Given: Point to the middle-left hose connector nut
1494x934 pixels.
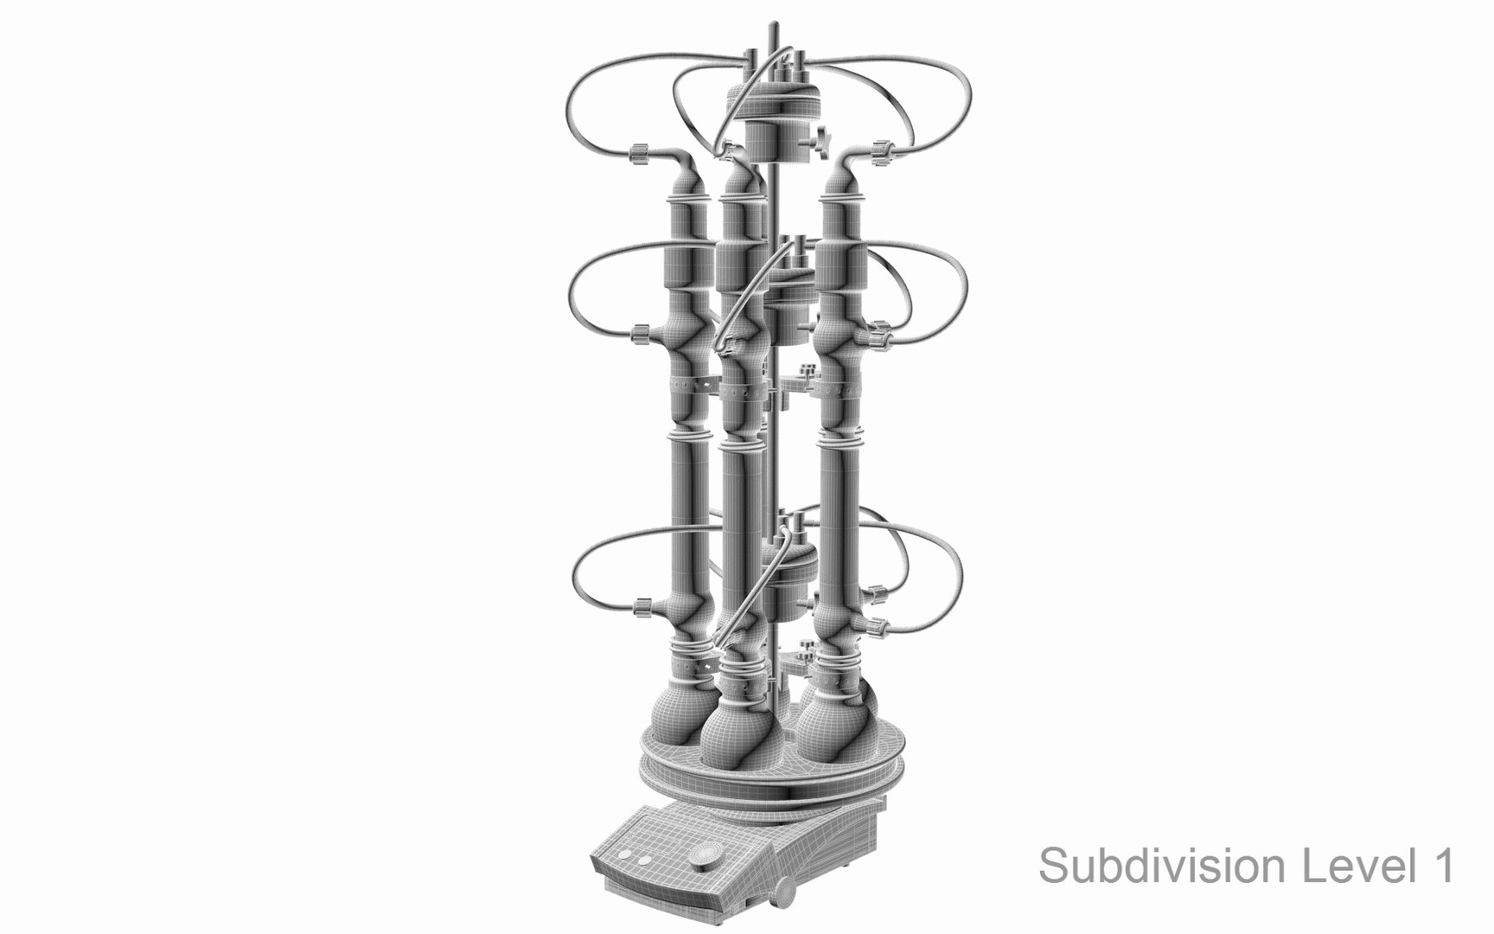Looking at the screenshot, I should [x=641, y=331].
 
